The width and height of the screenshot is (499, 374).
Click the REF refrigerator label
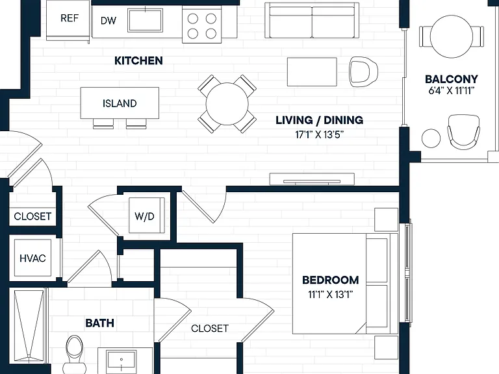[70, 18]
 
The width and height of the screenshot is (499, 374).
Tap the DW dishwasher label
[109, 21]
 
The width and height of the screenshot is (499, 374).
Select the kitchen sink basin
[145, 20]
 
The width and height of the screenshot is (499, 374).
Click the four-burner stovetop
[202, 26]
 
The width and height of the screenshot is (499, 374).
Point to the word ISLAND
[120, 103]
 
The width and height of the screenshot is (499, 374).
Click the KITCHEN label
[138, 60]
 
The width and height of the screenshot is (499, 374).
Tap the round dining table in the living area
[227, 104]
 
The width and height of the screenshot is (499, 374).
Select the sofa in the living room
[312, 20]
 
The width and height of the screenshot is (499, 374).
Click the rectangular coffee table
[312, 72]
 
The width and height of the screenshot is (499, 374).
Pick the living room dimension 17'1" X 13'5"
[320, 134]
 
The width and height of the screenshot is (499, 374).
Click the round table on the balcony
[452, 36]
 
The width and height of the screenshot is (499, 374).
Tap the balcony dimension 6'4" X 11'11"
[452, 91]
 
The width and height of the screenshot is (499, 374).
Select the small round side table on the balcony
[431, 138]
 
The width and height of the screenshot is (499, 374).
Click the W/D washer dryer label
[144, 216]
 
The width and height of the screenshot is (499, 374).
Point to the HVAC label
[32, 258]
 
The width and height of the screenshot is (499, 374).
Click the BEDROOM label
[330, 280]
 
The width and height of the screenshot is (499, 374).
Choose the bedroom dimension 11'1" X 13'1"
[330, 295]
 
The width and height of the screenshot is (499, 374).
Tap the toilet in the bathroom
[74, 355]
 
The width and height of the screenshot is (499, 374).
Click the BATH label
[99, 323]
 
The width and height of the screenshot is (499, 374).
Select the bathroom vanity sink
[122, 359]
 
